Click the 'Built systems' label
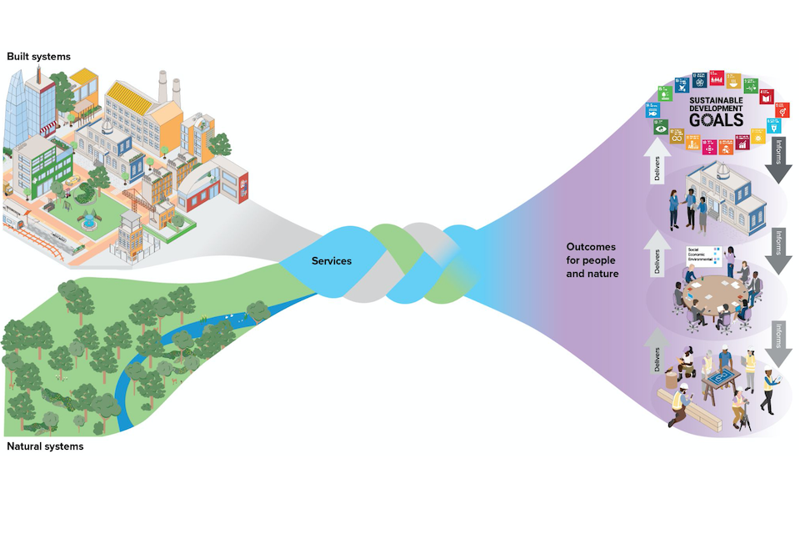pyautogui.click(x=38, y=56)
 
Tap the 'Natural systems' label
pyautogui.click(x=45, y=446)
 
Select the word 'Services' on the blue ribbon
pyautogui.click(x=332, y=261)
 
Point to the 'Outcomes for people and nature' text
pyautogui.click(x=592, y=259)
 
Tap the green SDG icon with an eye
pyautogui.click(x=660, y=129)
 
